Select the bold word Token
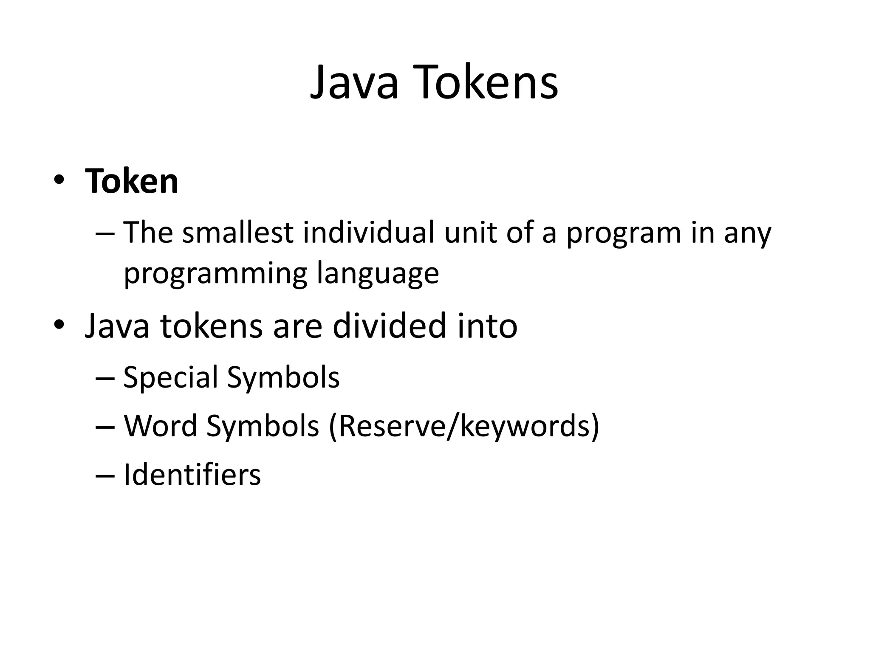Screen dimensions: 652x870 click(x=132, y=181)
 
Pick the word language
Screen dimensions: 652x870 click(x=378, y=274)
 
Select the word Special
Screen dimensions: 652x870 click(x=170, y=377)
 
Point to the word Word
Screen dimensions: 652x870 click(x=161, y=426)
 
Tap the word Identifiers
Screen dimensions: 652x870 click(x=192, y=475)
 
